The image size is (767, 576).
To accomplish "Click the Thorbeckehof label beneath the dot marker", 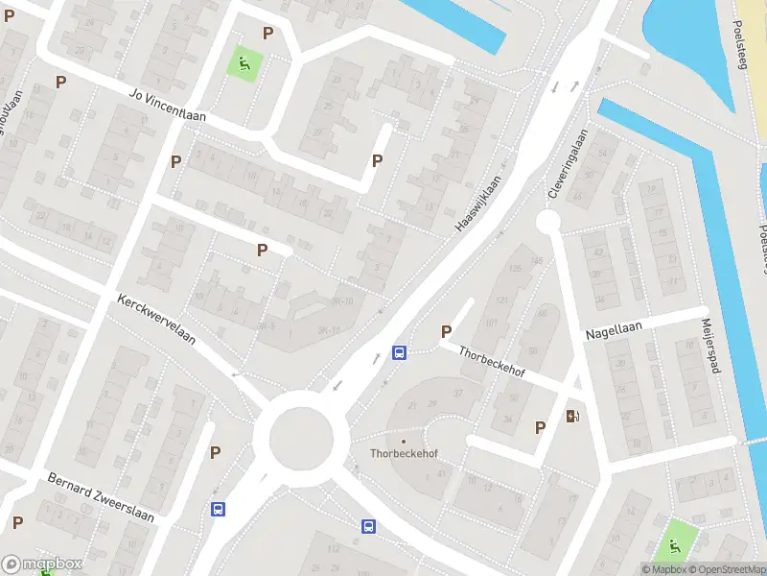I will coord(404,454).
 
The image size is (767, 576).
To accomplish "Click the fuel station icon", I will coord(572,415).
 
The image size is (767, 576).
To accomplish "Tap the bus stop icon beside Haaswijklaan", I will coord(400,352).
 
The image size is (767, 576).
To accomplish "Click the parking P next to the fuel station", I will coord(540,427).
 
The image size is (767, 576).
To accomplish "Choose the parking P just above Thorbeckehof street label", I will coord(446,331).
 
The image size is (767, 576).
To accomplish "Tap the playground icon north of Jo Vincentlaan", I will coord(244,65).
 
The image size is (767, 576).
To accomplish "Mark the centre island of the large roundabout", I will coord(301,437).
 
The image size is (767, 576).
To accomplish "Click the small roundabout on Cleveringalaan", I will coord(547,222).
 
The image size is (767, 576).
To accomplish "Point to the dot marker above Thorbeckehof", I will coord(404,442).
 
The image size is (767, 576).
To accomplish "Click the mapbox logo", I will coord(42,564).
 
